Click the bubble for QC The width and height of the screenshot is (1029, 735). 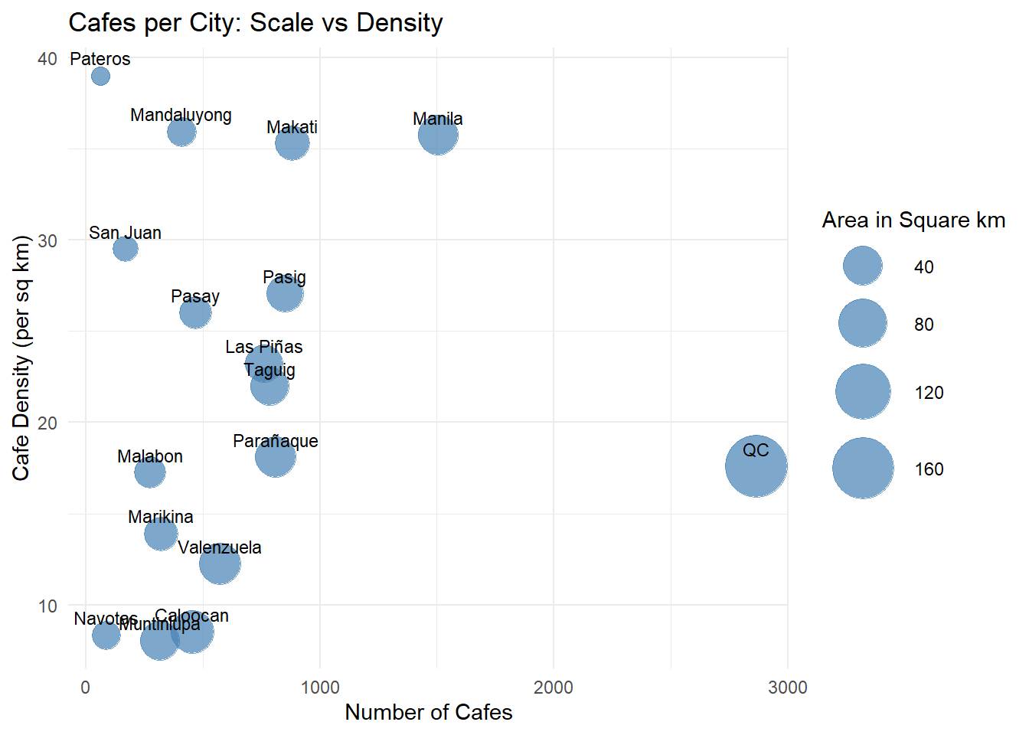coord(756,466)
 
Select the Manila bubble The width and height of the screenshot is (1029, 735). coord(437,136)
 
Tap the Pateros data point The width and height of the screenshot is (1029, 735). coord(100,76)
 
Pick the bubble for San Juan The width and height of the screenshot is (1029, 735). coord(126,249)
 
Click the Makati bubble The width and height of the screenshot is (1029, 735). coord(292,143)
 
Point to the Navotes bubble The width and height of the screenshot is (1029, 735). coord(106,635)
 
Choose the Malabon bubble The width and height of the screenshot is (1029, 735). coord(149,473)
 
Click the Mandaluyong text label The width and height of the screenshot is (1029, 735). coord(181,115)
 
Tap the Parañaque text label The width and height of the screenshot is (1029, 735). coord(275,441)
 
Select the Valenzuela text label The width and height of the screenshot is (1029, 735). coord(220,547)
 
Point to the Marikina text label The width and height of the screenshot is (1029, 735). coord(160,517)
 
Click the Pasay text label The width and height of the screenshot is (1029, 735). coord(195,296)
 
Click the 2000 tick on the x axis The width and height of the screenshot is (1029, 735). coord(553,688)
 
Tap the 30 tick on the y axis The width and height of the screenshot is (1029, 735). coord(47,240)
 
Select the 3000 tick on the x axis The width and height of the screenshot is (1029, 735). coord(787,688)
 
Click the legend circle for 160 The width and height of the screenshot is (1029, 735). coord(863,469)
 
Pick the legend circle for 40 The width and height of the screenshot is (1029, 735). coord(863,266)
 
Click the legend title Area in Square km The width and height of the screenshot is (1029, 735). coord(913,220)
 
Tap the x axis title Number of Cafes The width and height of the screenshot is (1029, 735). coord(428,712)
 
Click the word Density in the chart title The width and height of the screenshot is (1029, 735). coord(400,23)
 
